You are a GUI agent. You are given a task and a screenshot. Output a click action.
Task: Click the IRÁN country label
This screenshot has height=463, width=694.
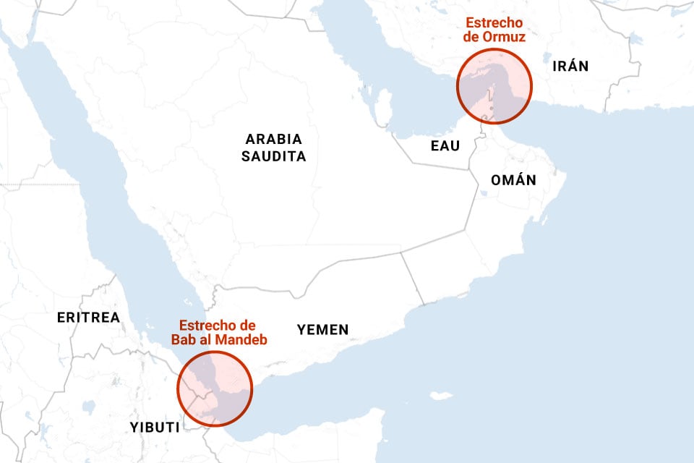(x=570, y=67)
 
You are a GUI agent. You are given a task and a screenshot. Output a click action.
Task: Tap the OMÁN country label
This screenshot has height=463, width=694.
(x=513, y=180)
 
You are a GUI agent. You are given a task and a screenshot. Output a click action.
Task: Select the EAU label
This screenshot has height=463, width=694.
(x=445, y=146)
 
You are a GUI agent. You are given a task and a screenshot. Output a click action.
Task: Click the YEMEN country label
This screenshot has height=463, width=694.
(x=322, y=330)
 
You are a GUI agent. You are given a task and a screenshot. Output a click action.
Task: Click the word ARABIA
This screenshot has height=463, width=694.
(x=273, y=139)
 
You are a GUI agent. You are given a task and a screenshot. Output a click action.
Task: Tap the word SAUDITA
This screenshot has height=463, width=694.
(x=273, y=156)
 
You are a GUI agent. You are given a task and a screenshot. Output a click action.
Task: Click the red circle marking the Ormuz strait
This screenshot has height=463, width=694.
(x=494, y=85)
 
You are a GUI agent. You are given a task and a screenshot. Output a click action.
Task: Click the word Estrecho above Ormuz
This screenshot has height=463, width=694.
(x=494, y=22)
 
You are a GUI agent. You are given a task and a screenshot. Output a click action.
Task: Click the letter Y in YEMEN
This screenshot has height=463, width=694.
(x=301, y=330)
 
